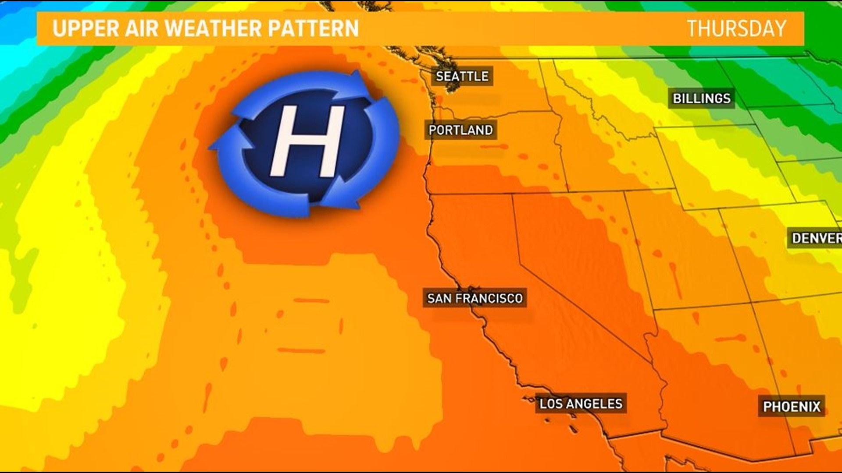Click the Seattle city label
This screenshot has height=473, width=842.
click(x=462, y=76)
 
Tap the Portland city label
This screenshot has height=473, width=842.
click(x=460, y=130)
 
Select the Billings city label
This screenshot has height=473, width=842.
click(x=702, y=99)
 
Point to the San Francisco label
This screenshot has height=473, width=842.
click(x=475, y=298)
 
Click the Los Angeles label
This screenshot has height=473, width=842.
click(x=581, y=404)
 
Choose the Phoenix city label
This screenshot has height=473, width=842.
click(x=792, y=406)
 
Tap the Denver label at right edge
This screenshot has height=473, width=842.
click(x=816, y=238)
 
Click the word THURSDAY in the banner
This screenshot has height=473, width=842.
click(x=736, y=28)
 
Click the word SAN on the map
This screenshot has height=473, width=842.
click(x=439, y=298)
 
